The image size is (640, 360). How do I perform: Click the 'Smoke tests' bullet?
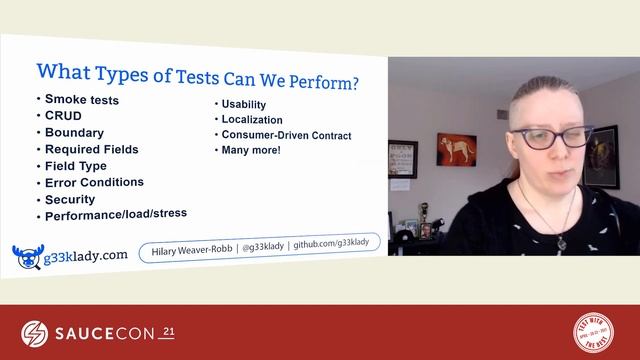(82, 99)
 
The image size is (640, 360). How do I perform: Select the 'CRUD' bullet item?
(63, 115)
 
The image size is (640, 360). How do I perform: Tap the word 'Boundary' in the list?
(74, 132)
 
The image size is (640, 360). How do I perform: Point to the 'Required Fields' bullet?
(91, 149)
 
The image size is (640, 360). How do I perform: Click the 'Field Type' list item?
(76, 166)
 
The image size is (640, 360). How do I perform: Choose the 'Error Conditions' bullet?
(94, 182)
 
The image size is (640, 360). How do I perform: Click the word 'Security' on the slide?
(70, 199)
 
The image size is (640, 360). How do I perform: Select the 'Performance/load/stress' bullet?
(116, 213)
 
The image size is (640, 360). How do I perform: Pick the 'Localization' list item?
(252, 120)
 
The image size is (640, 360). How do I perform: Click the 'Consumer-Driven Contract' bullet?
(286, 135)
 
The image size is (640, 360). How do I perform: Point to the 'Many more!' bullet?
(251, 150)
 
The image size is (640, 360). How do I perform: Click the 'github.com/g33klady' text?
(333, 244)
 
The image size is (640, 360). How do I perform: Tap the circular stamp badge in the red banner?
(593, 331)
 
